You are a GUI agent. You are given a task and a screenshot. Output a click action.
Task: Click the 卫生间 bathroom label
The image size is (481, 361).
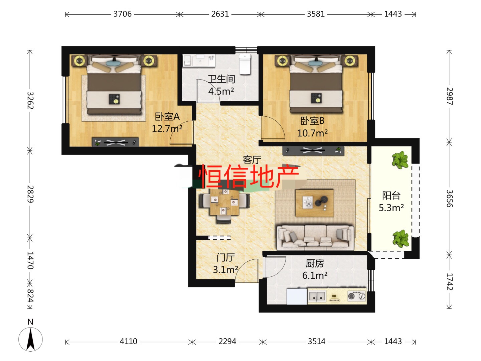click(x=221, y=79)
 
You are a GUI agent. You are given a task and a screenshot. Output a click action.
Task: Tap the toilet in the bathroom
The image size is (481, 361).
click(x=245, y=64)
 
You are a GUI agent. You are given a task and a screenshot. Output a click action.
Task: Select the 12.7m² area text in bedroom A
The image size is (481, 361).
click(x=167, y=129)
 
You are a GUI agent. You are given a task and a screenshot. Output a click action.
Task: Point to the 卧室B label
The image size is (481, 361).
click(x=312, y=121)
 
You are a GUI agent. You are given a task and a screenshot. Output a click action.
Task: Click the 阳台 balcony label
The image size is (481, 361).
click(x=391, y=196)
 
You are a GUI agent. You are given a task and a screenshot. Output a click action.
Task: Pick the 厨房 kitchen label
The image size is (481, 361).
click(x=315, y=263)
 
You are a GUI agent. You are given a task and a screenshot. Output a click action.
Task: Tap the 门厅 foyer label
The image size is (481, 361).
click(x=226, y=257)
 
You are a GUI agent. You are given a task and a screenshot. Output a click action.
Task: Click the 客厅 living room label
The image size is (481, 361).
click(x=252, y=160)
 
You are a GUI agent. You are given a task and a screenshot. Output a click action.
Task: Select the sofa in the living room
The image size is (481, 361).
click(x=315, y=237)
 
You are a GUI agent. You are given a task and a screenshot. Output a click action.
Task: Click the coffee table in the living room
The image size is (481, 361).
click(x=314, y=203)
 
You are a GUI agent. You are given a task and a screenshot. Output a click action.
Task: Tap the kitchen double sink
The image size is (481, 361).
click(x=317, y=296)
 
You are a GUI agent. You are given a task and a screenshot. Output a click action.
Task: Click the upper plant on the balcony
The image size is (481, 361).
click(x=400, y=160)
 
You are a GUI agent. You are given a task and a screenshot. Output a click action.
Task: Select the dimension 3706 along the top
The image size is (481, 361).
click(x=123, y=14)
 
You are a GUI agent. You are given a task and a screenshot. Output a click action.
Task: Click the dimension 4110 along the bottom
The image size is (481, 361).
click(x=128, y=342)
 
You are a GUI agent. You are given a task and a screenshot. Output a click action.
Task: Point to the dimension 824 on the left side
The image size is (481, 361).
click(x=30, y=296)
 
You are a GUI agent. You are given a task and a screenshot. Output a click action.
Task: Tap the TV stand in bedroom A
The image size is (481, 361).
click(x=116, y=142)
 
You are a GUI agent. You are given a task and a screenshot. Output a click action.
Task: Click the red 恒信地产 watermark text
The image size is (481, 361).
click(x=249, y=176)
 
